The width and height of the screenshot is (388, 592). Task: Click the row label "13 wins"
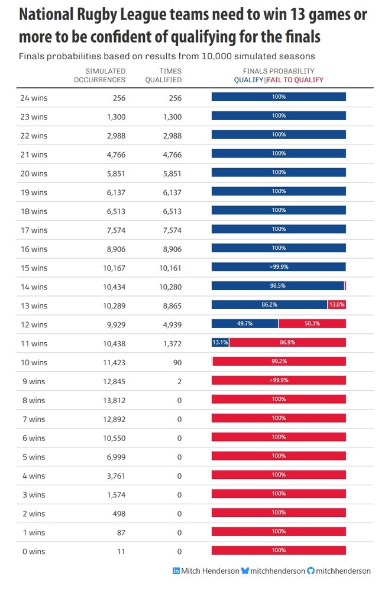point(34,306)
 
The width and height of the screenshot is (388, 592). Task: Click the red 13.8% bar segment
point(337,304)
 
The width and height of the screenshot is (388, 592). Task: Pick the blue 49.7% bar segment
point(245,323)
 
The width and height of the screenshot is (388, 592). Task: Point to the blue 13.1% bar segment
point(220,342)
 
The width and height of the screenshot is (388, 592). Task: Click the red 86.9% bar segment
point(287,342)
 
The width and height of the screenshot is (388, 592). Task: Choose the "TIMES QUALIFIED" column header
point(163,76)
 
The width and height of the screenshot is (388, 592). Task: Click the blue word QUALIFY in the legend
point(248,80)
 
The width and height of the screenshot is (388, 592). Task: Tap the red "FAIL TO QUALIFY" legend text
point(296,80)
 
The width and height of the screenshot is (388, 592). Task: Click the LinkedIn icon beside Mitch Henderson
point(176,571)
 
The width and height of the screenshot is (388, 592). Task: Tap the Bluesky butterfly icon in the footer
point(245,571)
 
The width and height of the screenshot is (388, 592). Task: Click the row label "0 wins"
point(32,552)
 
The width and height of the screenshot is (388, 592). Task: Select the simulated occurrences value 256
point(118,98)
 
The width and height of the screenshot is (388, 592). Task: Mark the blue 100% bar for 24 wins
point(279,97)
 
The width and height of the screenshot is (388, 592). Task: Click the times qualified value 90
point(177,363)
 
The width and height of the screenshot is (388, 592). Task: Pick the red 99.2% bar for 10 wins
point(279,361)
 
